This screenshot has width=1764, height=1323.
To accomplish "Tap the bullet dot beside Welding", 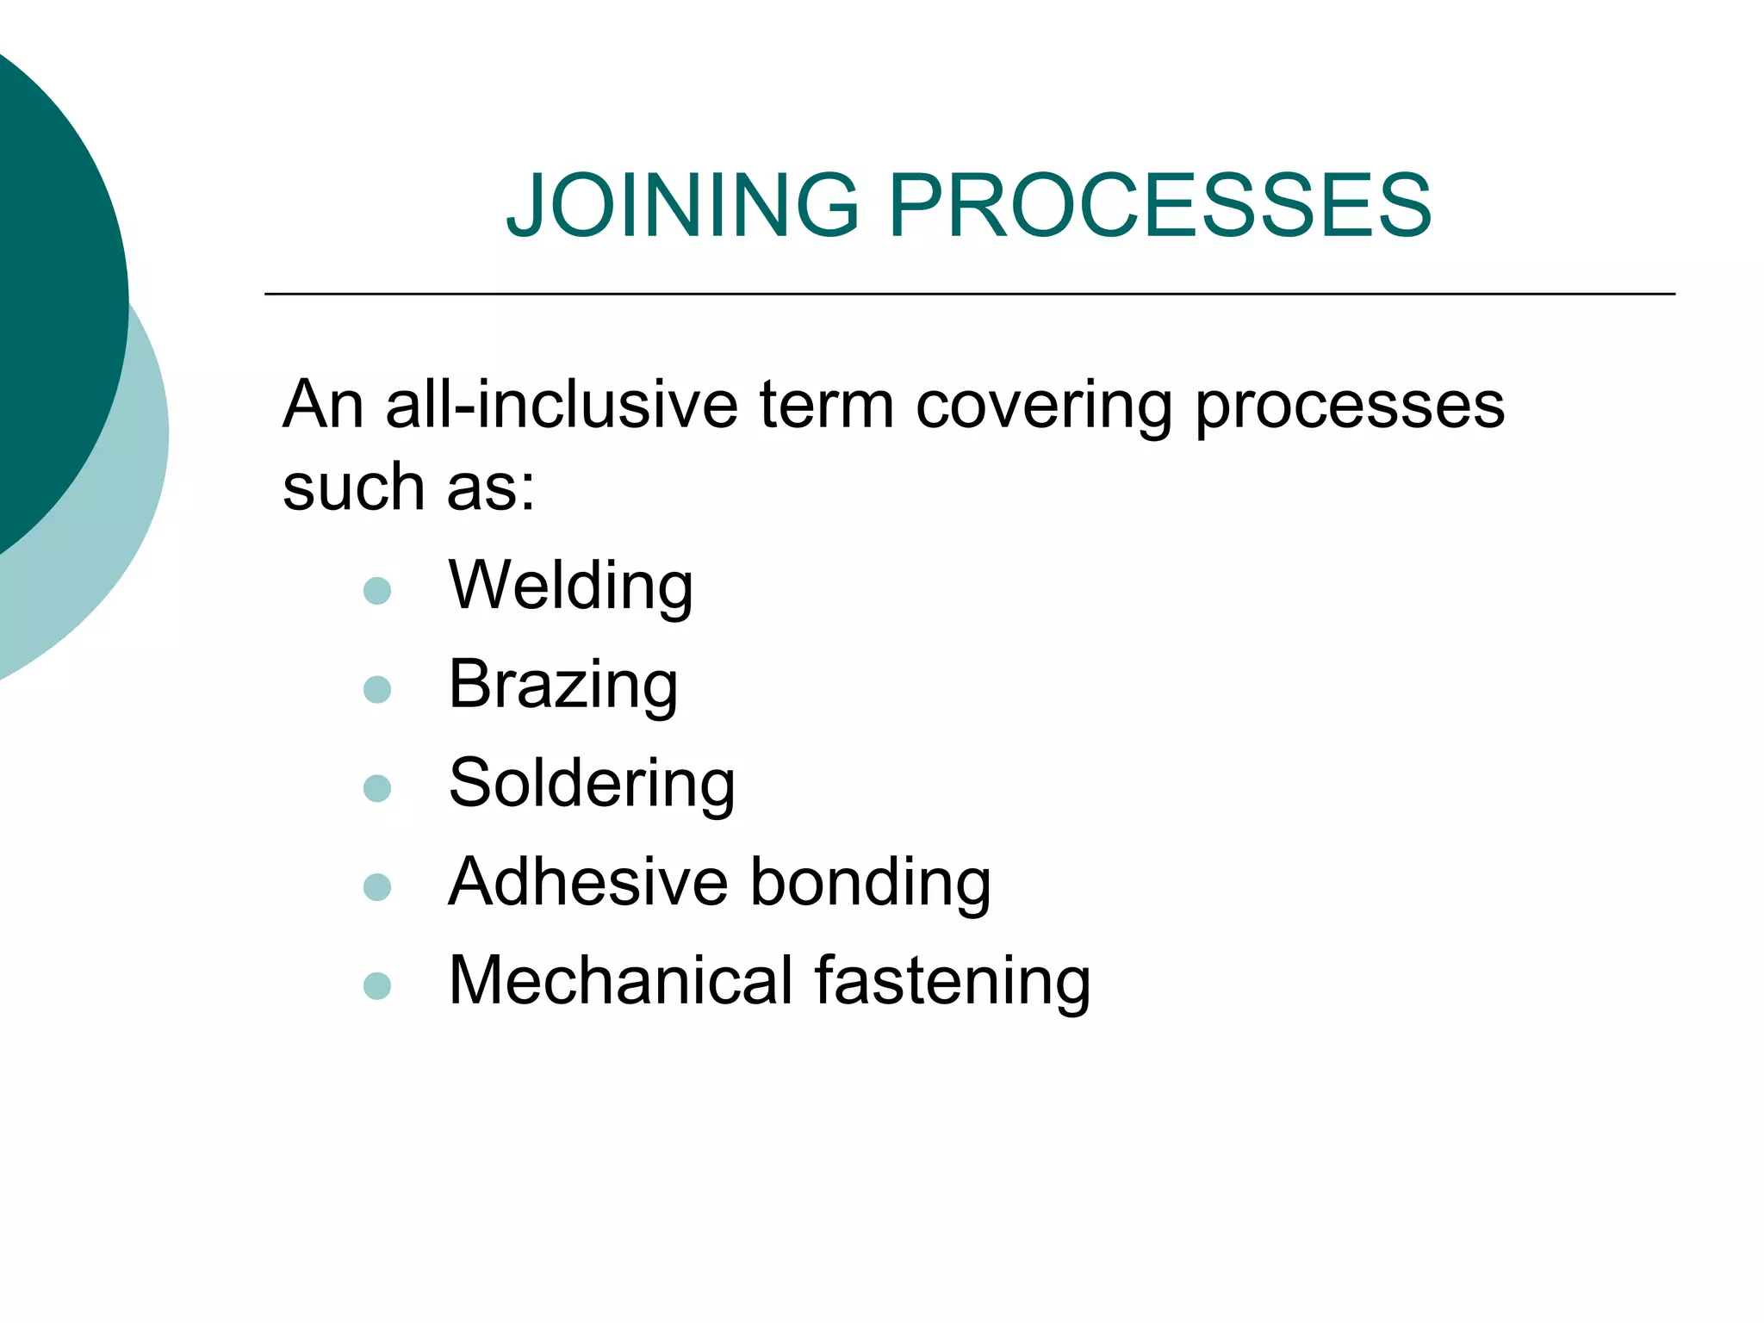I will [x=377, y=591].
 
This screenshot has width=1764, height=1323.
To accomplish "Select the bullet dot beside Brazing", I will [x=377, y=689].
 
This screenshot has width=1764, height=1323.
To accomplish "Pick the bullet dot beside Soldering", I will [x=377, y=788].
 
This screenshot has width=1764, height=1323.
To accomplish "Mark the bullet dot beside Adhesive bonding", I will [x=377, y=886].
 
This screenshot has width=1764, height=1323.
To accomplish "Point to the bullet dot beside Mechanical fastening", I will [x=377, y=985].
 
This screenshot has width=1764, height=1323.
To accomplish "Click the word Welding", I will [x=570, y=586].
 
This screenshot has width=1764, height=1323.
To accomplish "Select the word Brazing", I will [x=563, y=685].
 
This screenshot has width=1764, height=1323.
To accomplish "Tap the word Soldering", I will [x=592, y=784].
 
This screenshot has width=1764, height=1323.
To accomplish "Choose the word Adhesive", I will [x=588, y=882].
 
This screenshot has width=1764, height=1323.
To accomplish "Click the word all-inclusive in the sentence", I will [x=562, y=404].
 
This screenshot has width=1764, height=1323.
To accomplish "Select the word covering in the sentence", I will [x=1044, y=405].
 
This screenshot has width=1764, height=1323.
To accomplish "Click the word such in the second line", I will [x=353, y=487].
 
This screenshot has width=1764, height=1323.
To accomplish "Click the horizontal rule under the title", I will [x=970, y=295].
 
